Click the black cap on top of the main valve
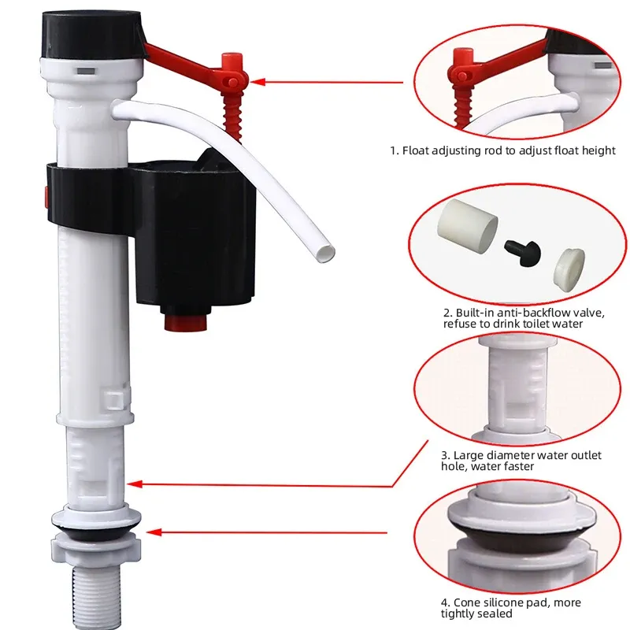coord(92,35)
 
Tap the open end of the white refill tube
coord(326,254)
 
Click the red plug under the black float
coord(186,322)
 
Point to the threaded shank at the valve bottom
coord(91,595)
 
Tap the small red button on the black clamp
coord(46,197)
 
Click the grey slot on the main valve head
coord(86,71)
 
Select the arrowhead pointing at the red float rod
coord(258,82)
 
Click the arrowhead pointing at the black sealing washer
coord(154,532)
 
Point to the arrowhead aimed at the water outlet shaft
coord(134,484)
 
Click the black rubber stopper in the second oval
coord(522,253)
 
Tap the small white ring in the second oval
coord(569,269)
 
